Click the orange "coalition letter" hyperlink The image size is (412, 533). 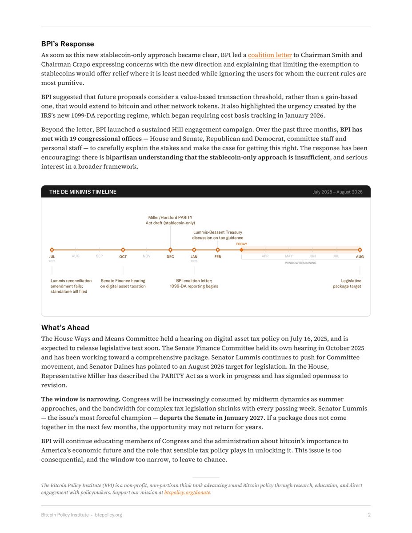coord(270,55)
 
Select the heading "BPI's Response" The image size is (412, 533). coord(68,44)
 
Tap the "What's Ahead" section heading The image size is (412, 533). coord(65,327)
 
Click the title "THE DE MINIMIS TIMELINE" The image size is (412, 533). coord(83,192)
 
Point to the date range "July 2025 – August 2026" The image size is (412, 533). coord(337,192)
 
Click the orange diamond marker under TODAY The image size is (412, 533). coord(241,250)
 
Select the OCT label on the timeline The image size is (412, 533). coord(123,257)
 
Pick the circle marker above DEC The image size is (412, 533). coord(170,250)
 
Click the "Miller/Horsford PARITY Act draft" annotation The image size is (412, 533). coord(170,220)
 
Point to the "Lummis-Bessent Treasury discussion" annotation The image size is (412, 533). coord(218,235)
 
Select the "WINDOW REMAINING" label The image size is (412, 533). coord(300,263)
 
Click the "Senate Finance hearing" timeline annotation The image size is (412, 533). coord(123,283)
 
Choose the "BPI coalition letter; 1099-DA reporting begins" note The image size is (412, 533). coord(194,283)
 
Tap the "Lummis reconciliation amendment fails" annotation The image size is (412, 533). coord(71,286)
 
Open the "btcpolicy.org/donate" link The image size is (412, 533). coord(187,493)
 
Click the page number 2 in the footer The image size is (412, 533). coord(369,515)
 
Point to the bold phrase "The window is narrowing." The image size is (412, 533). coord(80,399)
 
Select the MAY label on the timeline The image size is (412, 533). coord(289,256)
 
